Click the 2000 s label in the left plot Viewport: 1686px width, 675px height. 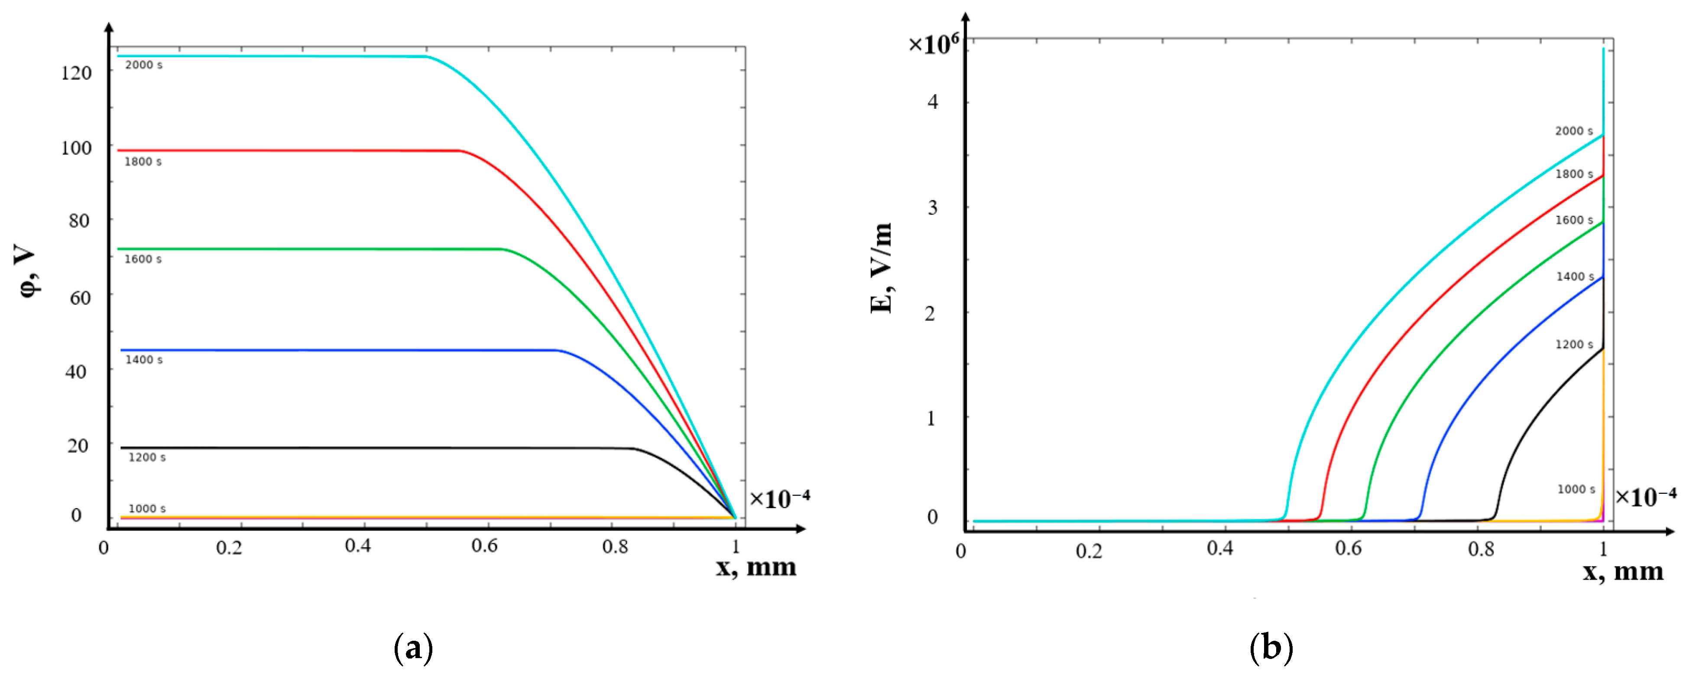143,65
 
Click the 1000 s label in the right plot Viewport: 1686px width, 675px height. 1576,489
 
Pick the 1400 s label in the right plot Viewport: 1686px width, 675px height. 1575,277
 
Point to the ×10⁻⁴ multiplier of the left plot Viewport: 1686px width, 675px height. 779,499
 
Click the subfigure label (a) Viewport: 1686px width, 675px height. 414,649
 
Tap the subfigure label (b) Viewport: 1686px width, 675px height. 1271,649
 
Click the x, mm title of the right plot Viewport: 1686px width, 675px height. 1623,571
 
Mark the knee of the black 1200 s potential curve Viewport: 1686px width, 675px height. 634,449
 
